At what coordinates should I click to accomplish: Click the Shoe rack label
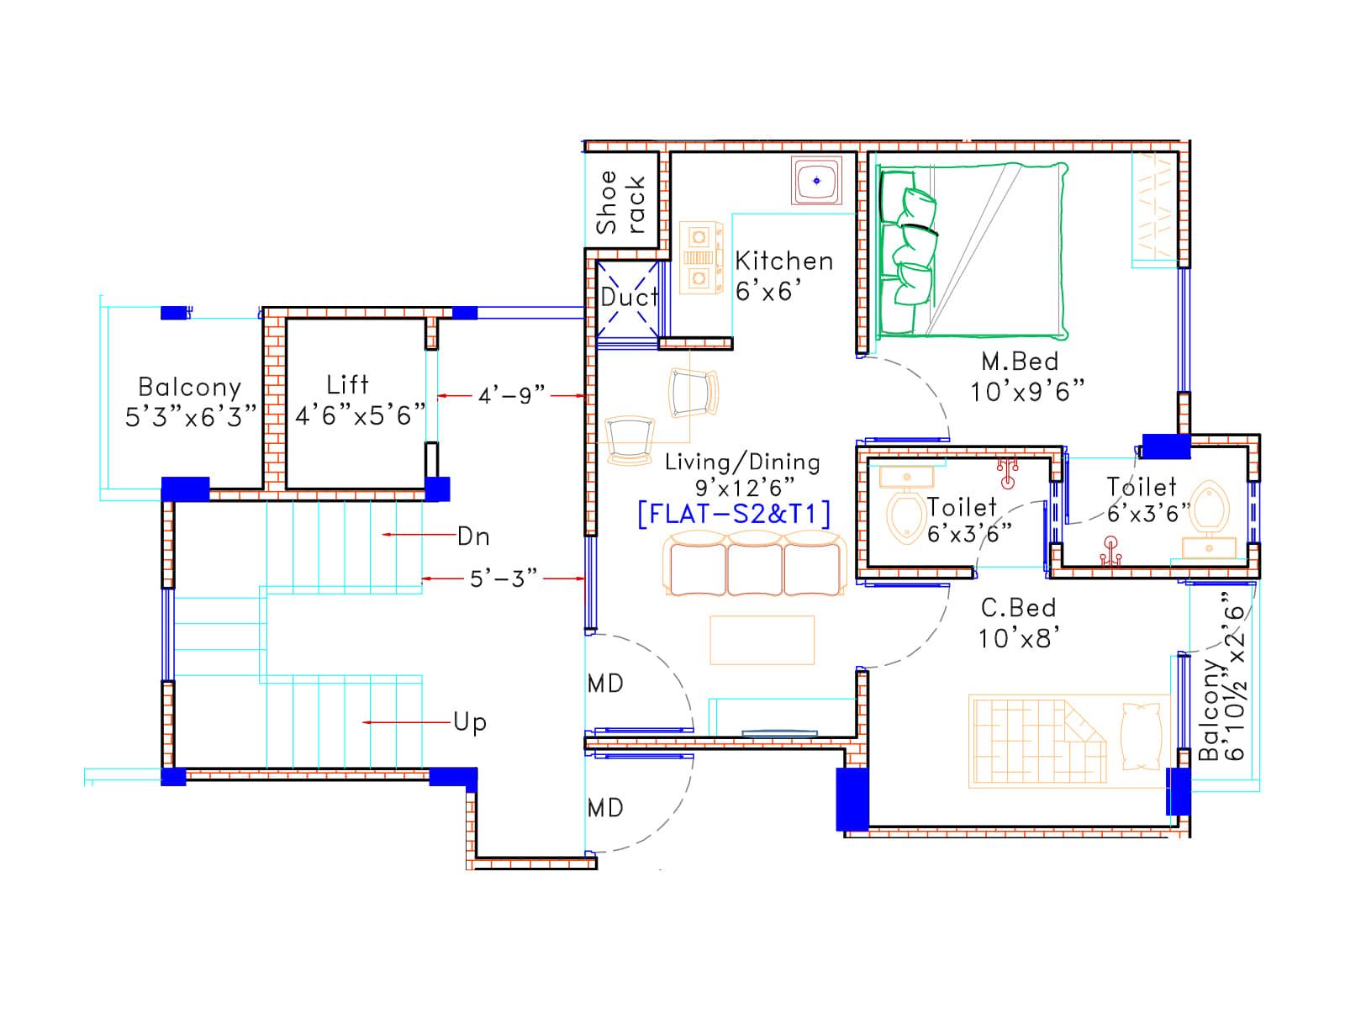(x=620, y=202)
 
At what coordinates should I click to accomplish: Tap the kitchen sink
(x=815, y=181)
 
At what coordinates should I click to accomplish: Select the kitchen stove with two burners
(x=700, y=258)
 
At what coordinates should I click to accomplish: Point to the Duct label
(x=629, y=298)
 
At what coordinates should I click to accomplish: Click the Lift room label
(x=360, y=400)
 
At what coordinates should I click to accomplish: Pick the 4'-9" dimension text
(x=511, y=396)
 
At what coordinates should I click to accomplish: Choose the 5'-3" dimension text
(x=503, y=579)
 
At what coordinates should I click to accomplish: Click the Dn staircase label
(x=473, y=536)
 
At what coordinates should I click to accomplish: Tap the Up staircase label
(x=470, y=722)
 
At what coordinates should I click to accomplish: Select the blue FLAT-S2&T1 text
(x=734, y=514)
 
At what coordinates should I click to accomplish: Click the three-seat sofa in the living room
(x=755, y=563)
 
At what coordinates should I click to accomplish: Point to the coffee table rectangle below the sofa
(x=762, y=640)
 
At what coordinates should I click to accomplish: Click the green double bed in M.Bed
(x=972, y=251)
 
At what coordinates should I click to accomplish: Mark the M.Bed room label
(x=1027, y=377)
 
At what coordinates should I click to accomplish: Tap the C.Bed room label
(x=1018, y=623)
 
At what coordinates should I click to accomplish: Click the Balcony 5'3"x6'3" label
(x=190, y=402)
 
